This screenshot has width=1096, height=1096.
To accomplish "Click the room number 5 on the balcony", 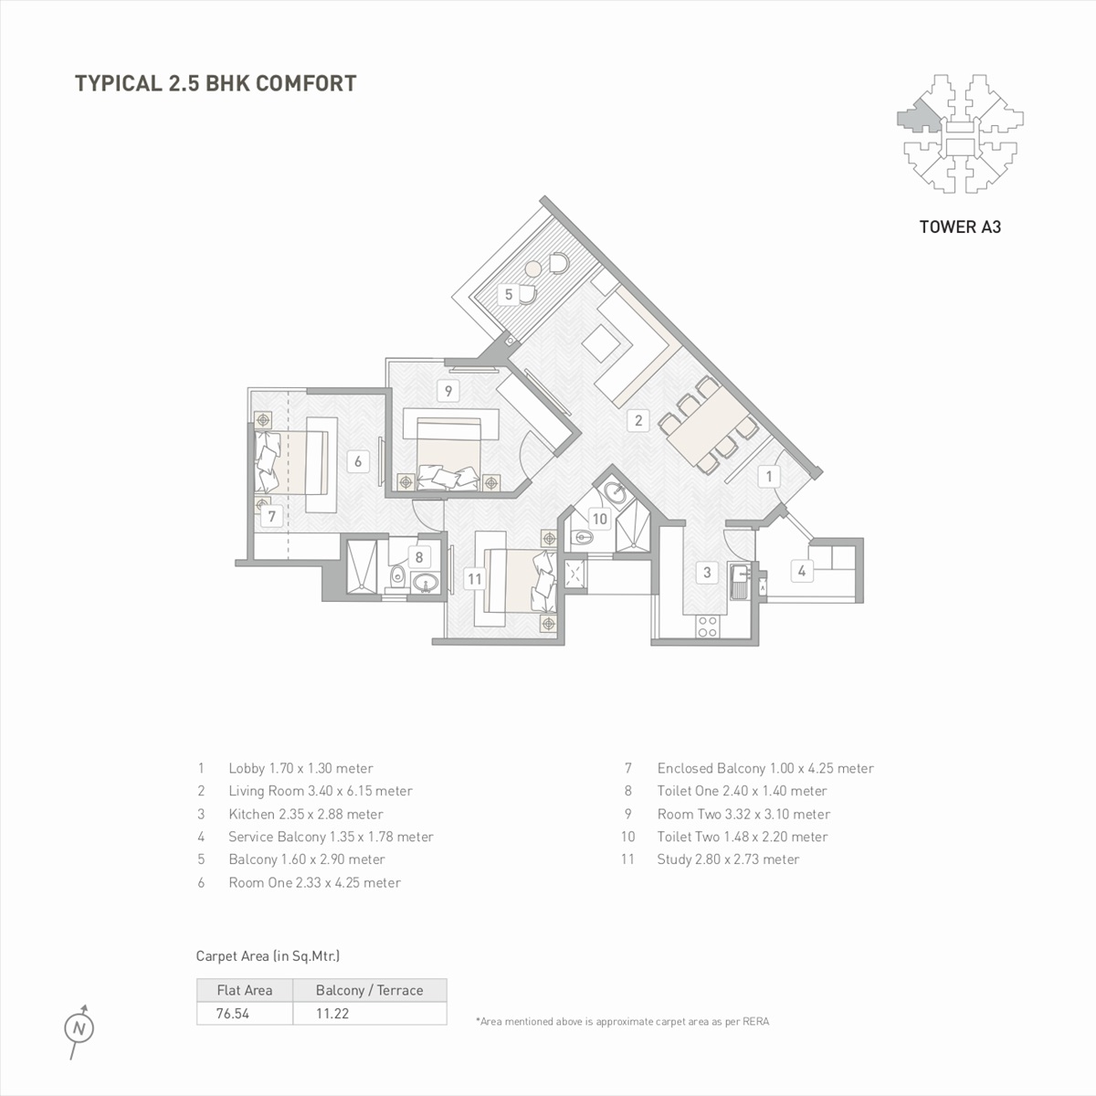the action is tap(509, 294).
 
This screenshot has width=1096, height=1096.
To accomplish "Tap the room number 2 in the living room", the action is tap(638, 420).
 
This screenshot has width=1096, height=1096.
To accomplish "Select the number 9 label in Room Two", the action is tap(448, 391).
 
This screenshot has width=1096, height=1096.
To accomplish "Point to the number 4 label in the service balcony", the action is tap(801, 571).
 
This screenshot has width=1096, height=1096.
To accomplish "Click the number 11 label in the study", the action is tap(474, 579).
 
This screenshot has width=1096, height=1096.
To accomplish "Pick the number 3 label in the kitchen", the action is tap(707, 572).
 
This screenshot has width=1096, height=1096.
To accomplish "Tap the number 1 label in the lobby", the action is tap(769, 476).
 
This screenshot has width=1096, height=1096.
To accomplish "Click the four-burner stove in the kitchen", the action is tap(708, 627).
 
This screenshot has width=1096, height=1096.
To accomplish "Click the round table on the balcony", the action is tap(533, 268).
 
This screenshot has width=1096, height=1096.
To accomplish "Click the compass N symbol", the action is tap(79, 1029).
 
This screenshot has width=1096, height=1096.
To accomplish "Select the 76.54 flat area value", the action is tap(233, 1014).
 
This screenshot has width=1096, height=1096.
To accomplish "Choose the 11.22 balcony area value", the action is tap(332, 1014).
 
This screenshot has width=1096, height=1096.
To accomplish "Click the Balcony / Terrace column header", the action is tap(370, 990).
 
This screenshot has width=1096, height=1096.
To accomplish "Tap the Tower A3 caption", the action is tap(960, 227).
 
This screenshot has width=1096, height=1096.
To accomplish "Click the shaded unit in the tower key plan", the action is tap(917, 117).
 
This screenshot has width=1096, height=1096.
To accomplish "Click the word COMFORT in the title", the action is tap(306, 83).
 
